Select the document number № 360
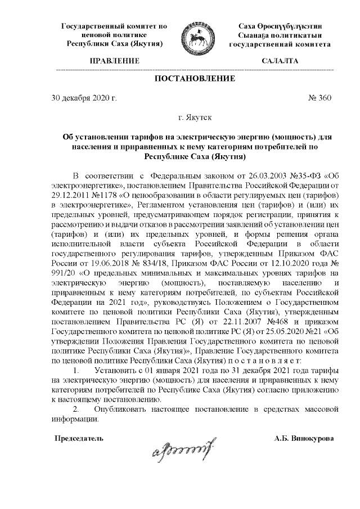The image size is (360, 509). pos(320,98)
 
